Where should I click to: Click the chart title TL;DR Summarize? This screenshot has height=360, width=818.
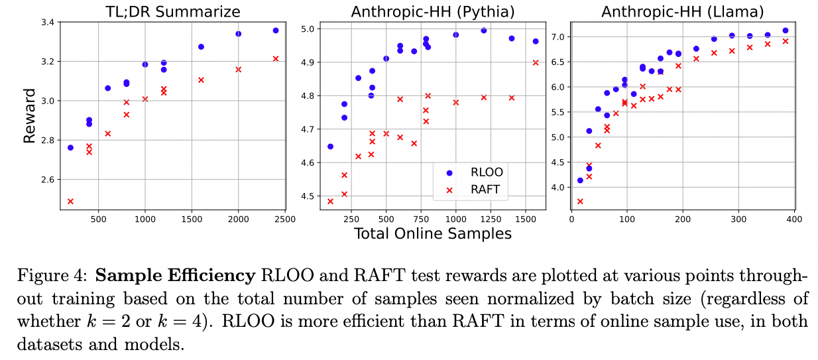pos(170,11)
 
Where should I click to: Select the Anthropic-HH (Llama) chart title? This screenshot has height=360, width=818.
pos(683,11)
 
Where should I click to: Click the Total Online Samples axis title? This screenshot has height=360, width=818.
pos(433,233)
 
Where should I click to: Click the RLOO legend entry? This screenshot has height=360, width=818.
pos(483,172)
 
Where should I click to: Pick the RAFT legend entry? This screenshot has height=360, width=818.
pos(483,189)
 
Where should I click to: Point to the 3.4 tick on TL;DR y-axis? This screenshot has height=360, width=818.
pos(48,23)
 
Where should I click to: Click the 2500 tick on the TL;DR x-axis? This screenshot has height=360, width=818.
pos(285,216)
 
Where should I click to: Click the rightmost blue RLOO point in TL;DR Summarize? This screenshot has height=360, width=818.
pos(276,30)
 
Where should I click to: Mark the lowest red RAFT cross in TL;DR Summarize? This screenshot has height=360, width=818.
pos(70,201)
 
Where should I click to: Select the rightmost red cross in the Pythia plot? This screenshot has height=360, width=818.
pos(536,62)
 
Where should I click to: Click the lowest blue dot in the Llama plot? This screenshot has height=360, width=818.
pos(580,180)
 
